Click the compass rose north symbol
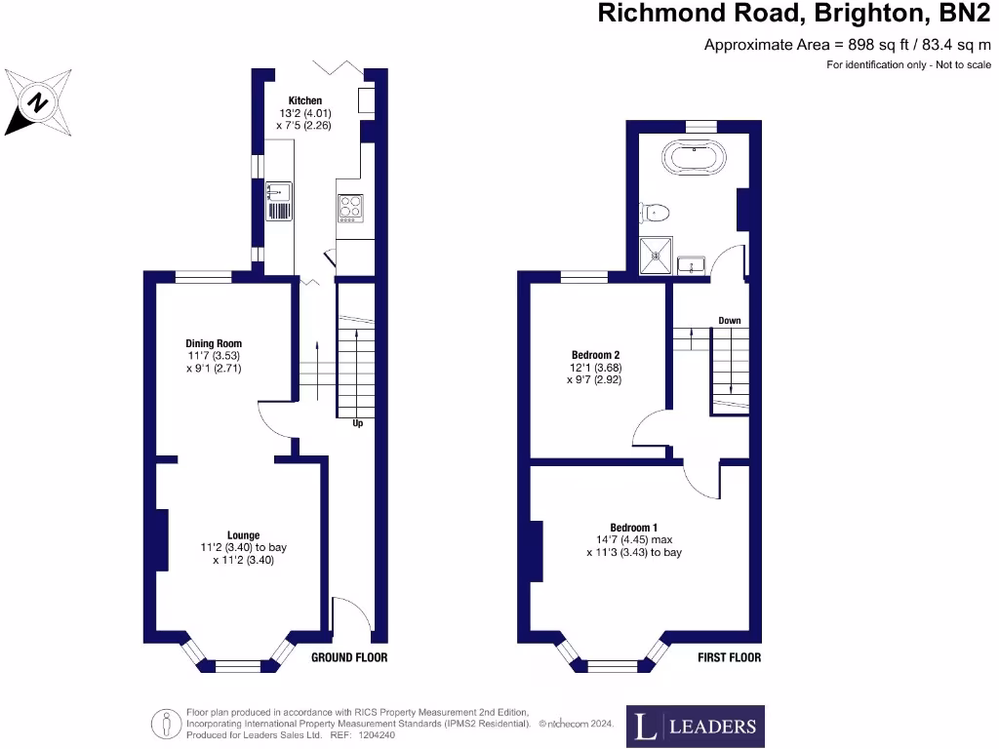(38, 100)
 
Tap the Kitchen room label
(304, 101)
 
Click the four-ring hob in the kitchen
(350, 206)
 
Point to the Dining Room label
(214, 343)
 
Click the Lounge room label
(243, 534)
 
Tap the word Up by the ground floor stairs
(357, 423)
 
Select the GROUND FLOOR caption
(349, 657)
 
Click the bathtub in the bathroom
(693, 157)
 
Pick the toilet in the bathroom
(655, 211)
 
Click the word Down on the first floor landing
(730, 320)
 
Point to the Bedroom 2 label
(595, 355)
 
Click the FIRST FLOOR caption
(729, 657)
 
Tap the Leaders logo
(695, 726)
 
